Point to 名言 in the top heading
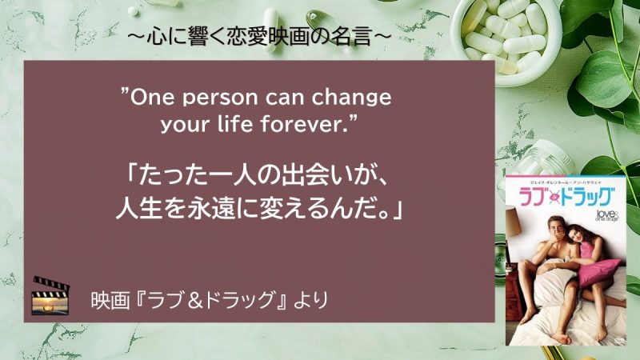pyautogui.click(x=352, y=35)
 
